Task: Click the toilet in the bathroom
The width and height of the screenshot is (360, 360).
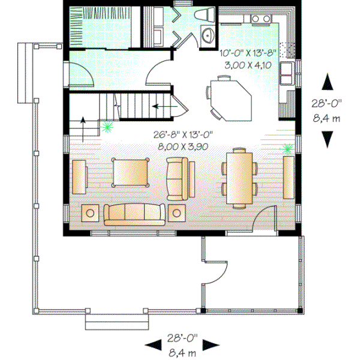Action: (202, 16)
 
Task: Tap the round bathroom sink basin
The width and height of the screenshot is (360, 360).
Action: (208, 35)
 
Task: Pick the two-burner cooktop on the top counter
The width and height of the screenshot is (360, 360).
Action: (261, 20)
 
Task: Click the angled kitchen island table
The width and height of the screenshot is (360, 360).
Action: (230, 96)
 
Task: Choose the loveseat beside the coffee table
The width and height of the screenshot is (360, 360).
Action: (178, 178)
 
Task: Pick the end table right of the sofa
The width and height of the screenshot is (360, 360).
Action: (177, 212)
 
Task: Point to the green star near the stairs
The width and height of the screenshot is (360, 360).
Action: (107, 127)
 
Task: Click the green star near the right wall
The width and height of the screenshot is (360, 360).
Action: (287, 148)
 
